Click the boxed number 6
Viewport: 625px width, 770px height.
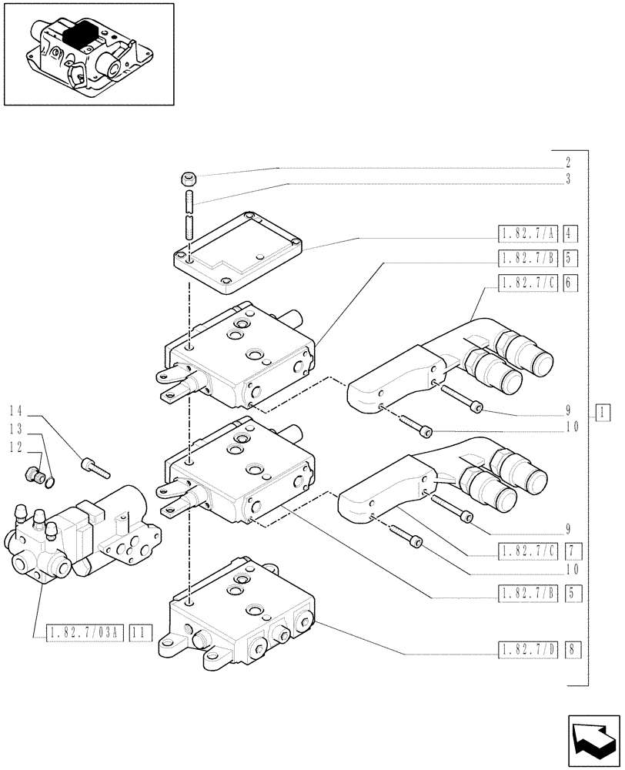[570, 283]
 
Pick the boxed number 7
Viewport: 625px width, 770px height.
[570, 551]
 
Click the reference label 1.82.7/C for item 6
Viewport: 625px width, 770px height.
[528, 283]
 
